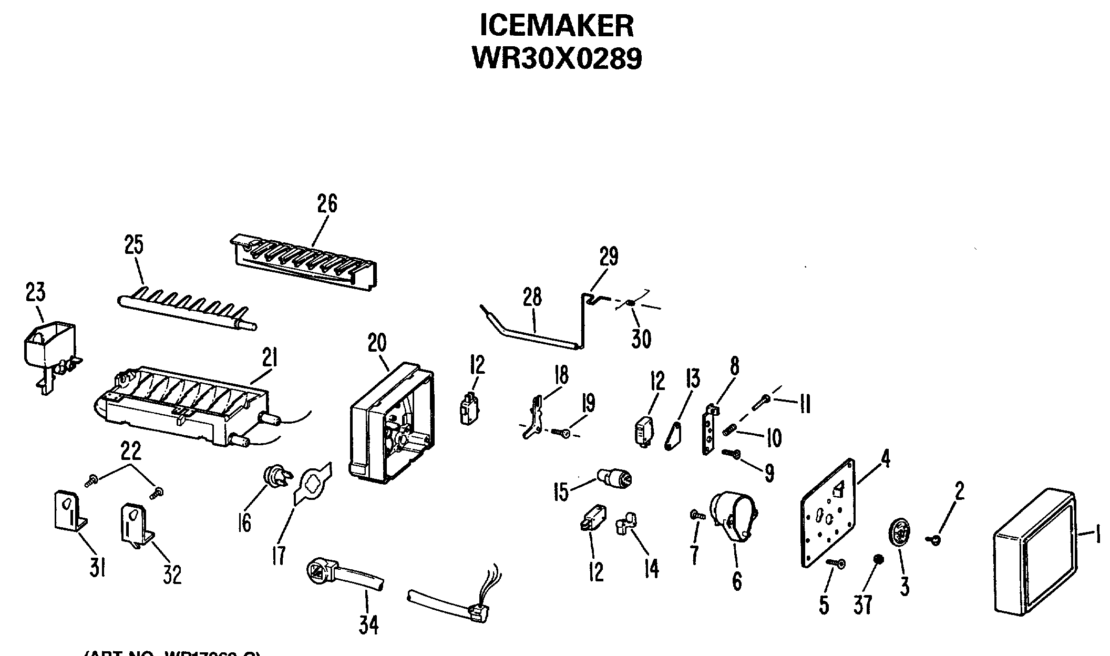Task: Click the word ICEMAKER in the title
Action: coord(557,25)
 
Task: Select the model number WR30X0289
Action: coord(557,58)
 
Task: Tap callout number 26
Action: coord(327,203)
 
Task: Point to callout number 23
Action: coord(35,292)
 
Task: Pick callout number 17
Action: coord(278,555)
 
